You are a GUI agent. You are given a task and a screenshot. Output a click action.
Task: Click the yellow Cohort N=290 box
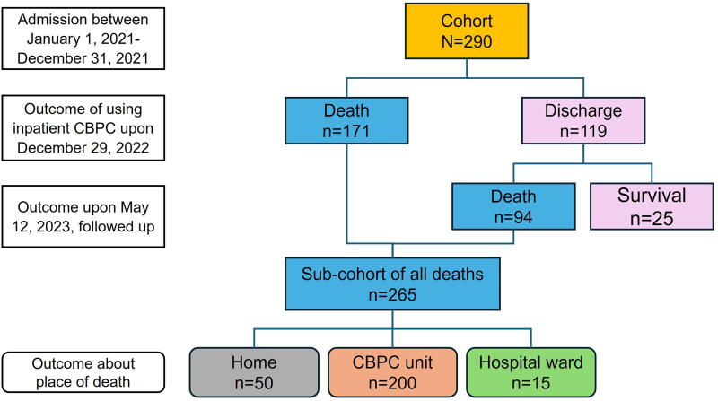tap(467, 31)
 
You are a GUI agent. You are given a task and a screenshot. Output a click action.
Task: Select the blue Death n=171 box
tap(346, 121)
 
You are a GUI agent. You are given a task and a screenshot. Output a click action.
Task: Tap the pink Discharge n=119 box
tap(583, 121)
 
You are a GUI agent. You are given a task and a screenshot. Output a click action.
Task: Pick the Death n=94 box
tap(513, 206)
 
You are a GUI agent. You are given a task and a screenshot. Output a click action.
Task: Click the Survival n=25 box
tap(652, 206)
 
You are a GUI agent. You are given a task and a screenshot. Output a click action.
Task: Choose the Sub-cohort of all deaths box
tap(392, 283)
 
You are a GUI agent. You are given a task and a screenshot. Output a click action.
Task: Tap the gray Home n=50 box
tap(254, 372)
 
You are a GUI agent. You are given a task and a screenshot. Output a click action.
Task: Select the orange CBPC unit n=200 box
tap(392, 372)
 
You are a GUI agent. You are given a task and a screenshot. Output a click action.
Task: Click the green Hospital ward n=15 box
tap(531, 372)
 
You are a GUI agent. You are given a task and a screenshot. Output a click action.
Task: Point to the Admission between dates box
tap(83, 39)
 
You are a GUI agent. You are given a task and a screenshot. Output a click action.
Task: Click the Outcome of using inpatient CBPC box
tap(83, 128)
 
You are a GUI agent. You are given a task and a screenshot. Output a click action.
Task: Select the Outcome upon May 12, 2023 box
tap(83, 216)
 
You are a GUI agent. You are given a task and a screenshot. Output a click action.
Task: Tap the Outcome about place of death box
tap(83, 372)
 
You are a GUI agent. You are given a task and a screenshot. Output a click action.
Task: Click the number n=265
tap(392, 294)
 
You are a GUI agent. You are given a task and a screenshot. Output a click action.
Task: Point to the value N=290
tap(467, 41)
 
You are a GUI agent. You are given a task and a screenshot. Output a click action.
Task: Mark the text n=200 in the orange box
tap(392, 383)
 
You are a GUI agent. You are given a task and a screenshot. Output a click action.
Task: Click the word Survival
tap(652, 196)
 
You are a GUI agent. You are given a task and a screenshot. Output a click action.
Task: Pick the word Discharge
tap(583, 110)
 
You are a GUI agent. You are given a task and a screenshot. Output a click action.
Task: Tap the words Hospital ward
tap(531, 362)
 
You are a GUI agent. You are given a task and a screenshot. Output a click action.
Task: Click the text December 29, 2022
tap(83, 148)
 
